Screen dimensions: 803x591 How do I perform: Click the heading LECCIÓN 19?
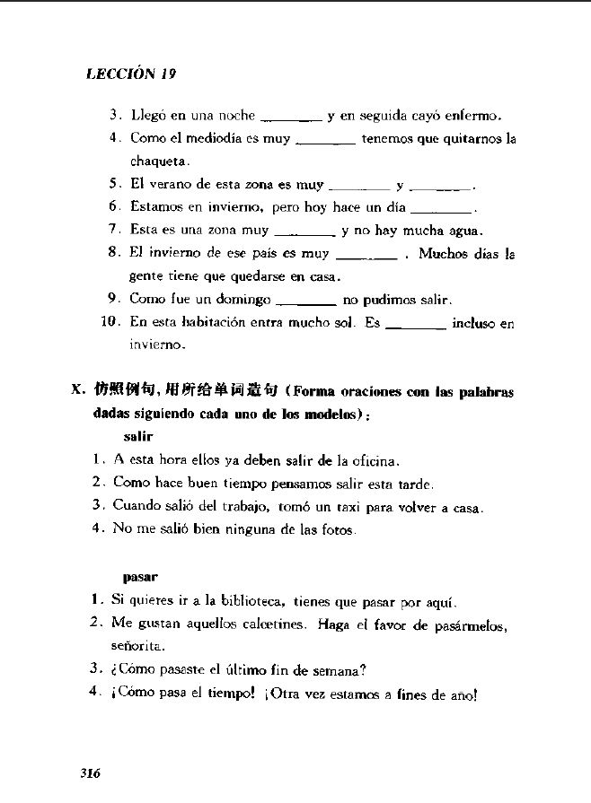pos(131,74)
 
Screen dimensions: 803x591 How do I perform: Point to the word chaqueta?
pos(158,161)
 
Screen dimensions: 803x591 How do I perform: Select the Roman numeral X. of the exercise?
pos(79,391)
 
